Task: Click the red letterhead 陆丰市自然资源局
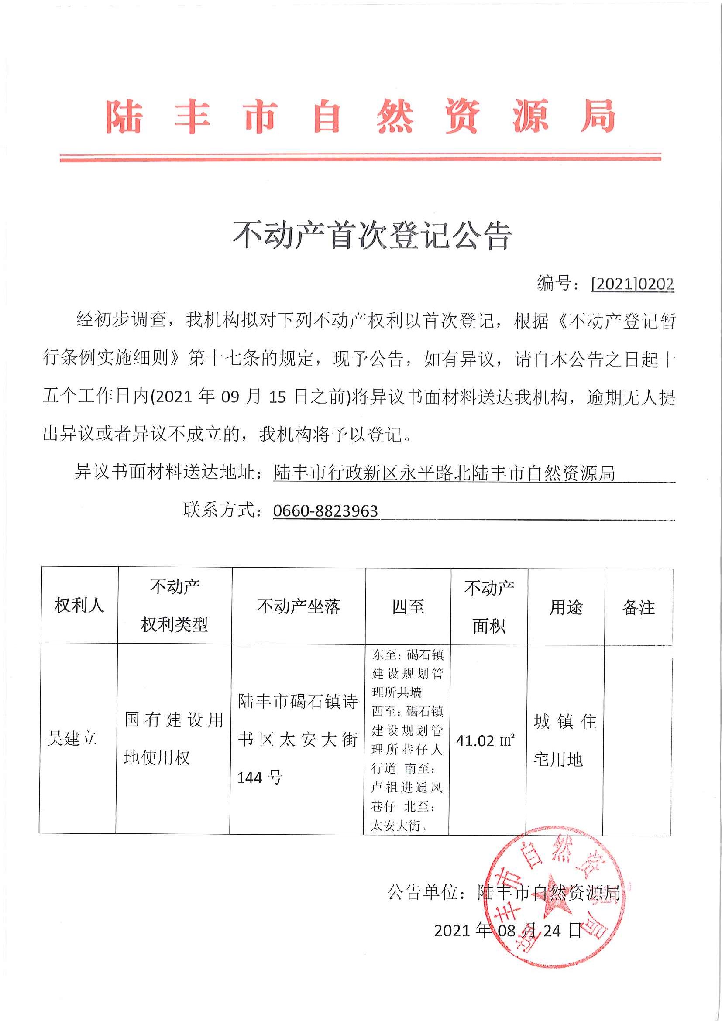tap(360, 116)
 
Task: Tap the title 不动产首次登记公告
tap(372, 235)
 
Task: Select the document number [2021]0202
tap(632, 284)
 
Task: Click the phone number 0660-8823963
tap(325, 511)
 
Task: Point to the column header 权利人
tap(79, 606)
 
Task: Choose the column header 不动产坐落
tap(299, 606)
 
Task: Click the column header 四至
tap(408, 606)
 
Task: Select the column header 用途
tap(566, 607)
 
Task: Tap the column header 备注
tap(638, 607)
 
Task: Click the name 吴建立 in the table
tap(72, 739)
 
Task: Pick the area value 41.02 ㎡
tap(485, 741)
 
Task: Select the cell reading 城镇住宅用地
tap(565, 740)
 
